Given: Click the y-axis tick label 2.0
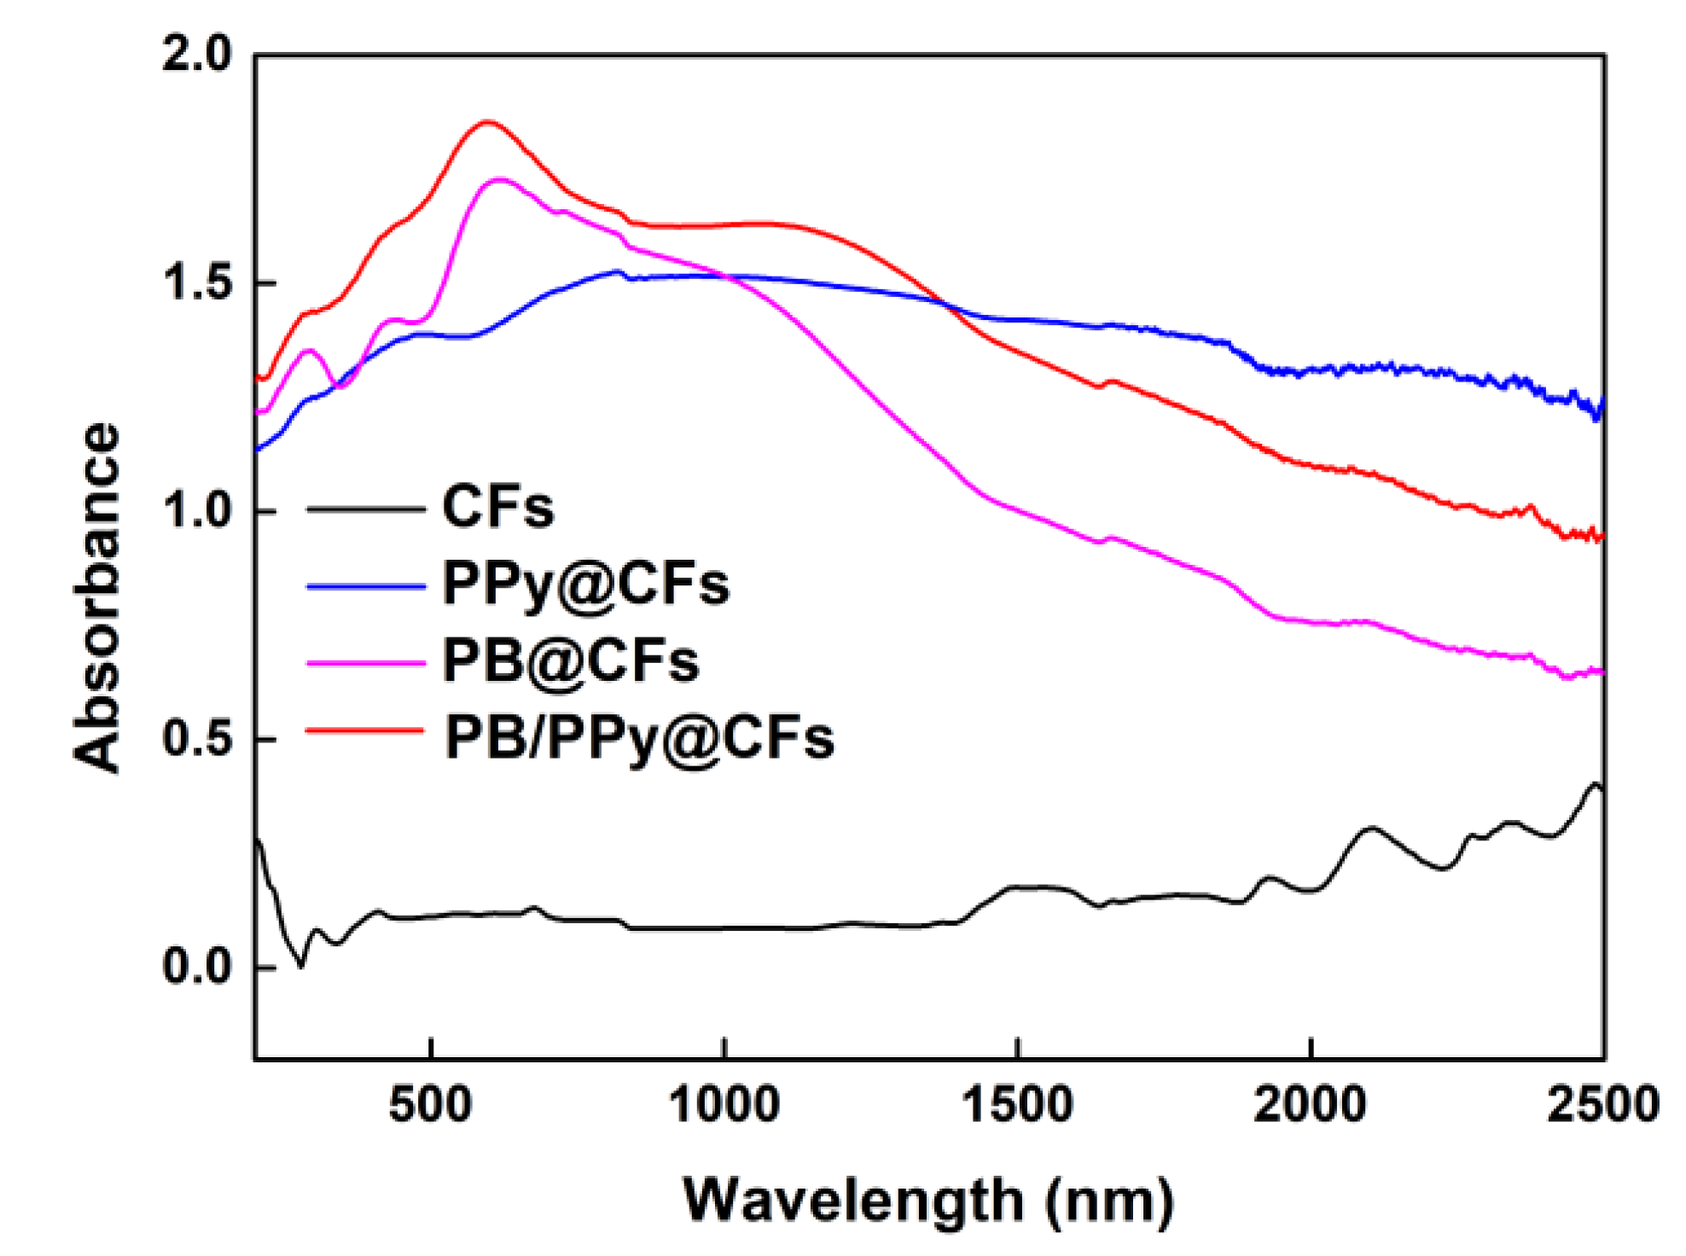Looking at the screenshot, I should [x=197, y=55].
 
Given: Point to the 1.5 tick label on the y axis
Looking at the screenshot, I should [x=197, y=282].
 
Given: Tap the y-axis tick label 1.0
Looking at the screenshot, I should [x=197, y=510].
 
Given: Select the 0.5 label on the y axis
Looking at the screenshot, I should [x=197, y=738].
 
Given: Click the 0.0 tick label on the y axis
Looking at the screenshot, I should [x=197, y=967].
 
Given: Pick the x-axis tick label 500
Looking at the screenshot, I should [x=430, y=1105].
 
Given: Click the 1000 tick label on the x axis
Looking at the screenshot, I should [x=724, y=1105].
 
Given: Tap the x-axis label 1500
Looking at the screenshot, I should [x=1017, y=1105].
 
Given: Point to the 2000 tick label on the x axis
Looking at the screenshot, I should [x=1310, y=1105].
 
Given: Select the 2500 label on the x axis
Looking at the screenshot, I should [x=1602, y=1105].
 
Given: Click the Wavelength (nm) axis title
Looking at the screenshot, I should [x=928, y=1201].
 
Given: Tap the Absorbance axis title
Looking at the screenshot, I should [x=96, y=597].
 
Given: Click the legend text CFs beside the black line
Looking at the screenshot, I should [x=498, y=507].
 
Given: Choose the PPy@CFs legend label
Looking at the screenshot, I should [x=586, y=584].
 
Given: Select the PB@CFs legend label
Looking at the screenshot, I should [x=571, y=661].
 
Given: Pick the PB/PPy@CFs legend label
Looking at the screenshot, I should [x=639, y=738].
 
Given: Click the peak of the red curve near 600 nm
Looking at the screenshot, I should [x=487, y=122].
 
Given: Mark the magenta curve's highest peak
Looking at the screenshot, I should [x=500, y=180].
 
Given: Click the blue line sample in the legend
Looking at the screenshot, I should [x=365, y=586].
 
